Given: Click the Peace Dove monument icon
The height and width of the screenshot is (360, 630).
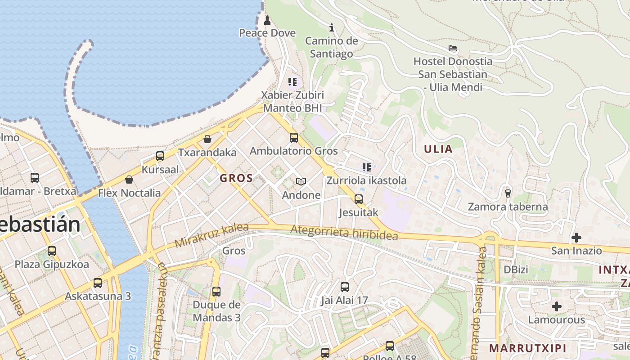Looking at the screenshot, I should [x=267, y=20].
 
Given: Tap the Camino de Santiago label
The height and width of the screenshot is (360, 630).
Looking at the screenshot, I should [x=332, y=47].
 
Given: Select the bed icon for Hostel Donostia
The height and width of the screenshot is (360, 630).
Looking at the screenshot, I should [x=453, y=48].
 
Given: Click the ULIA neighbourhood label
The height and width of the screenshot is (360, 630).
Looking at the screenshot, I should [x=438, y=149].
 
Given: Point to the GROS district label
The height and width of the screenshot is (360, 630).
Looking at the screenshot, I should [x=236, y=178].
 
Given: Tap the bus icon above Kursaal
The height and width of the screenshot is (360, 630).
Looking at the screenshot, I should [x=160, y=156].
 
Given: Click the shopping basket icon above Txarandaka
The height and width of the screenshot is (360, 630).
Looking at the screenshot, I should [x=207, y=139].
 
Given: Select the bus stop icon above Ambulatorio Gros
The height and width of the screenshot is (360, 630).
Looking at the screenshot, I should [x=293, y=138].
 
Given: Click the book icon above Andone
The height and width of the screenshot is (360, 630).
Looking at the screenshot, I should [x=301, y=181].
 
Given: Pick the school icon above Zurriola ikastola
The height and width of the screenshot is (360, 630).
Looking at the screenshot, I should [x=367, y=167].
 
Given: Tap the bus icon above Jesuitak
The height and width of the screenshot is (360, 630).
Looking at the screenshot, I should [x=358, y=199].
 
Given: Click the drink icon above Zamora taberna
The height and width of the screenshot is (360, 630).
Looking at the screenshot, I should [x=508, y=193].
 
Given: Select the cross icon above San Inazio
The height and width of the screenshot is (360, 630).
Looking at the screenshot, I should [x=576, y=237].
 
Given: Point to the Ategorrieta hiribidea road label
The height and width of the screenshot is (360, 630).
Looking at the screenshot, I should [x=344, y=233].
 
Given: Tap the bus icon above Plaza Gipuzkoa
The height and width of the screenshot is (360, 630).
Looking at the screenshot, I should [x=52, y=251].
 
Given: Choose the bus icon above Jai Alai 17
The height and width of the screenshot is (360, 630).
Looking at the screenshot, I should [x=345, y=287].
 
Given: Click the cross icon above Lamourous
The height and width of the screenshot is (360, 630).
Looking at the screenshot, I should [x=557, y=306].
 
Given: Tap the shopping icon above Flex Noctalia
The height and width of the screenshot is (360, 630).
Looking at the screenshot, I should [x=129, y=180].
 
